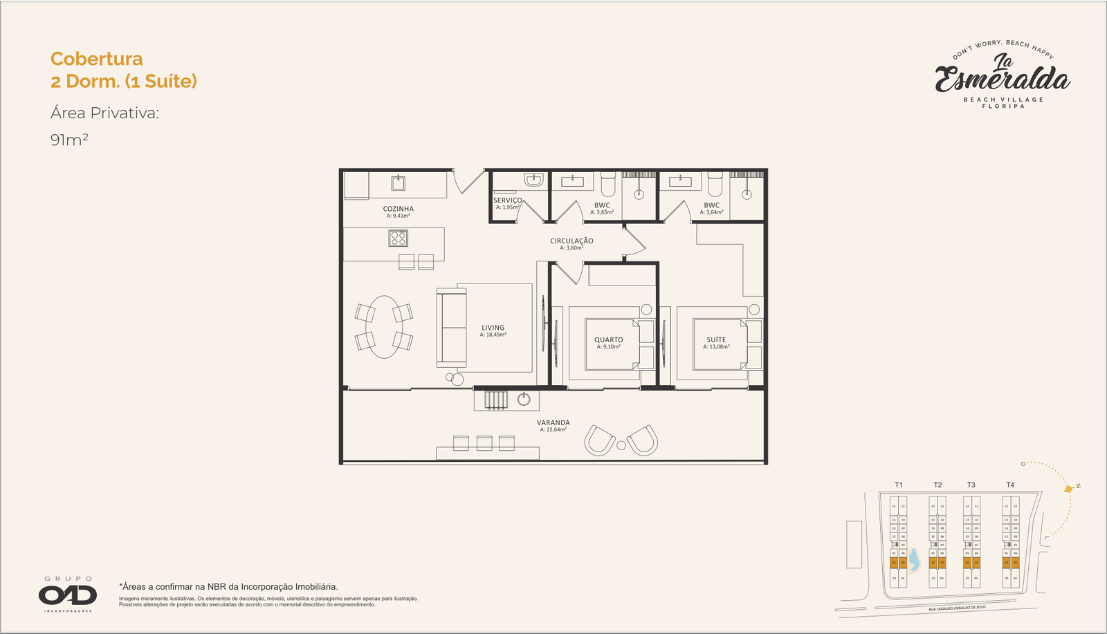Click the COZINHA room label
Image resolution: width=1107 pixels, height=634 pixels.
pyautogui.click(x=399, y=209)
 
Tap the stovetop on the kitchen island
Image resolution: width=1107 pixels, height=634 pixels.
pyautogui.click(x=398, y=239)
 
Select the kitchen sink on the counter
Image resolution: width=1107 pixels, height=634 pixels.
pyautogui.click(x=398, y=183)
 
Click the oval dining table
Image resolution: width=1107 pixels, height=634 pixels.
pyautogui.click(x=383, y=326)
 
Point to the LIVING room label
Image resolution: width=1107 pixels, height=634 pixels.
pyautogui.click(x=493, y=328)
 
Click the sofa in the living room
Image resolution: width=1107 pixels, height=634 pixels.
pyautogui.click(x=450, y=328)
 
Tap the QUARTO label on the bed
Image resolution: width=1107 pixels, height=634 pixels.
pyautogui.click(x=609, y=339)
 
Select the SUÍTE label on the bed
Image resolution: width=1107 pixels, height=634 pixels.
pyautogui.click(x=716, y=339)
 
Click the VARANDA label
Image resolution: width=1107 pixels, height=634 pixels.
pyautogui.click(x=553, y=422)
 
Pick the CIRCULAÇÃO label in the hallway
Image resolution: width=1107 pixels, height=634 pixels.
pyautogui.click(x=571, y=241)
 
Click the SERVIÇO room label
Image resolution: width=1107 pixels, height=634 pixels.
pyautogui.click(x=507, y=200)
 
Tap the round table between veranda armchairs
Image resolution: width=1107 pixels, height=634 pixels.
pyautogui.click(x=621, y=445)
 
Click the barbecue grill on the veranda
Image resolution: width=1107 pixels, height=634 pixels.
pyautogui.click(x=495, y=400)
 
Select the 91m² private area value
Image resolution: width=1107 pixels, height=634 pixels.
pyautogui.click(x=69, y=140)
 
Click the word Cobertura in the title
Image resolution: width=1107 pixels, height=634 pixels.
pyautogui.click(x=97, y=59)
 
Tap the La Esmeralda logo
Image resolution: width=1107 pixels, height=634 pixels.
pyautogui.click(x=1003, y=76)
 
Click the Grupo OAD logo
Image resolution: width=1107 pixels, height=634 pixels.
pyautogui.click(x=68, y=595)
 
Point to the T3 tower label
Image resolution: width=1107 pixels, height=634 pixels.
pyautogui.click(x=971, y=485)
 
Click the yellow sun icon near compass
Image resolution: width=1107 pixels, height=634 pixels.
pyautogui.click(x=1069, y=489)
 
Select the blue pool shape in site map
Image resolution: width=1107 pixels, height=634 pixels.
pyautogui.click(x=914, y=559)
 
